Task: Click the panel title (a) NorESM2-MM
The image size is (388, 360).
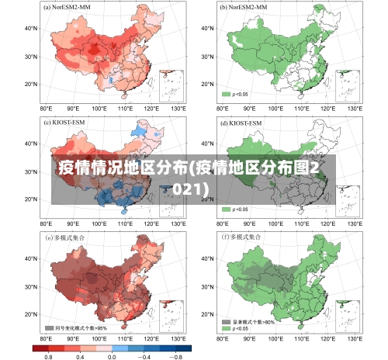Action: pos(69,7)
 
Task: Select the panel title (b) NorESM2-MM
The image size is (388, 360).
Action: pos(244,7)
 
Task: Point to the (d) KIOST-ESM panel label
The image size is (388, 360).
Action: pos(240,123)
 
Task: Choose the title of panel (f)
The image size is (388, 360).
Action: pos(242,237)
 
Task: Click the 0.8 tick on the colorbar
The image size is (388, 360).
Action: pos(48,356)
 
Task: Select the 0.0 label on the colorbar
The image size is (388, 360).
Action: pos(112,356)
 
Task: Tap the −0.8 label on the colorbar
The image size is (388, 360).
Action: pos(177,356)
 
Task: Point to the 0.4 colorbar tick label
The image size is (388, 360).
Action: pos(80,356)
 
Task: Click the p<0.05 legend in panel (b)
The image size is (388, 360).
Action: pos(235,94)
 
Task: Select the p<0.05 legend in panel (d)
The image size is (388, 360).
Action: pos(235,209)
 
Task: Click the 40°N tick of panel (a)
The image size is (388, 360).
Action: pos(31,28)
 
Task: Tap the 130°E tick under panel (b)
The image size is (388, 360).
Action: pos(355,109)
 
